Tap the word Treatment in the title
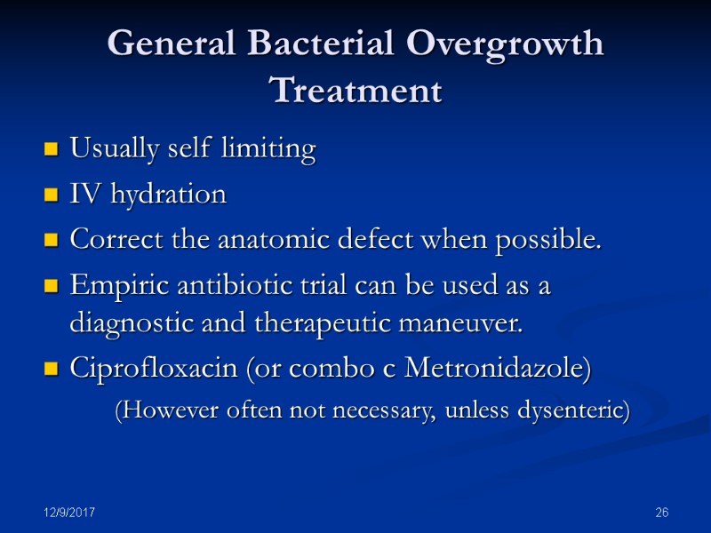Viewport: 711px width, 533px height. click(355, 91)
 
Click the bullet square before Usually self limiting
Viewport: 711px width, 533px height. click(52, 150)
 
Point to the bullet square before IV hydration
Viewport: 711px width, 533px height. click(52, 195)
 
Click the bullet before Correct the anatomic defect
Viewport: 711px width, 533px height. click(52, 240)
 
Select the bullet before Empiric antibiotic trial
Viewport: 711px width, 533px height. click(52, 286)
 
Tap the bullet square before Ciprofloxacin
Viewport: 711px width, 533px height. click(52, 370)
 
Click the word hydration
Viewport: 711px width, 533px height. click(168, 194)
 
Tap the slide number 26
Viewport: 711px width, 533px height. click(660, 513)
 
